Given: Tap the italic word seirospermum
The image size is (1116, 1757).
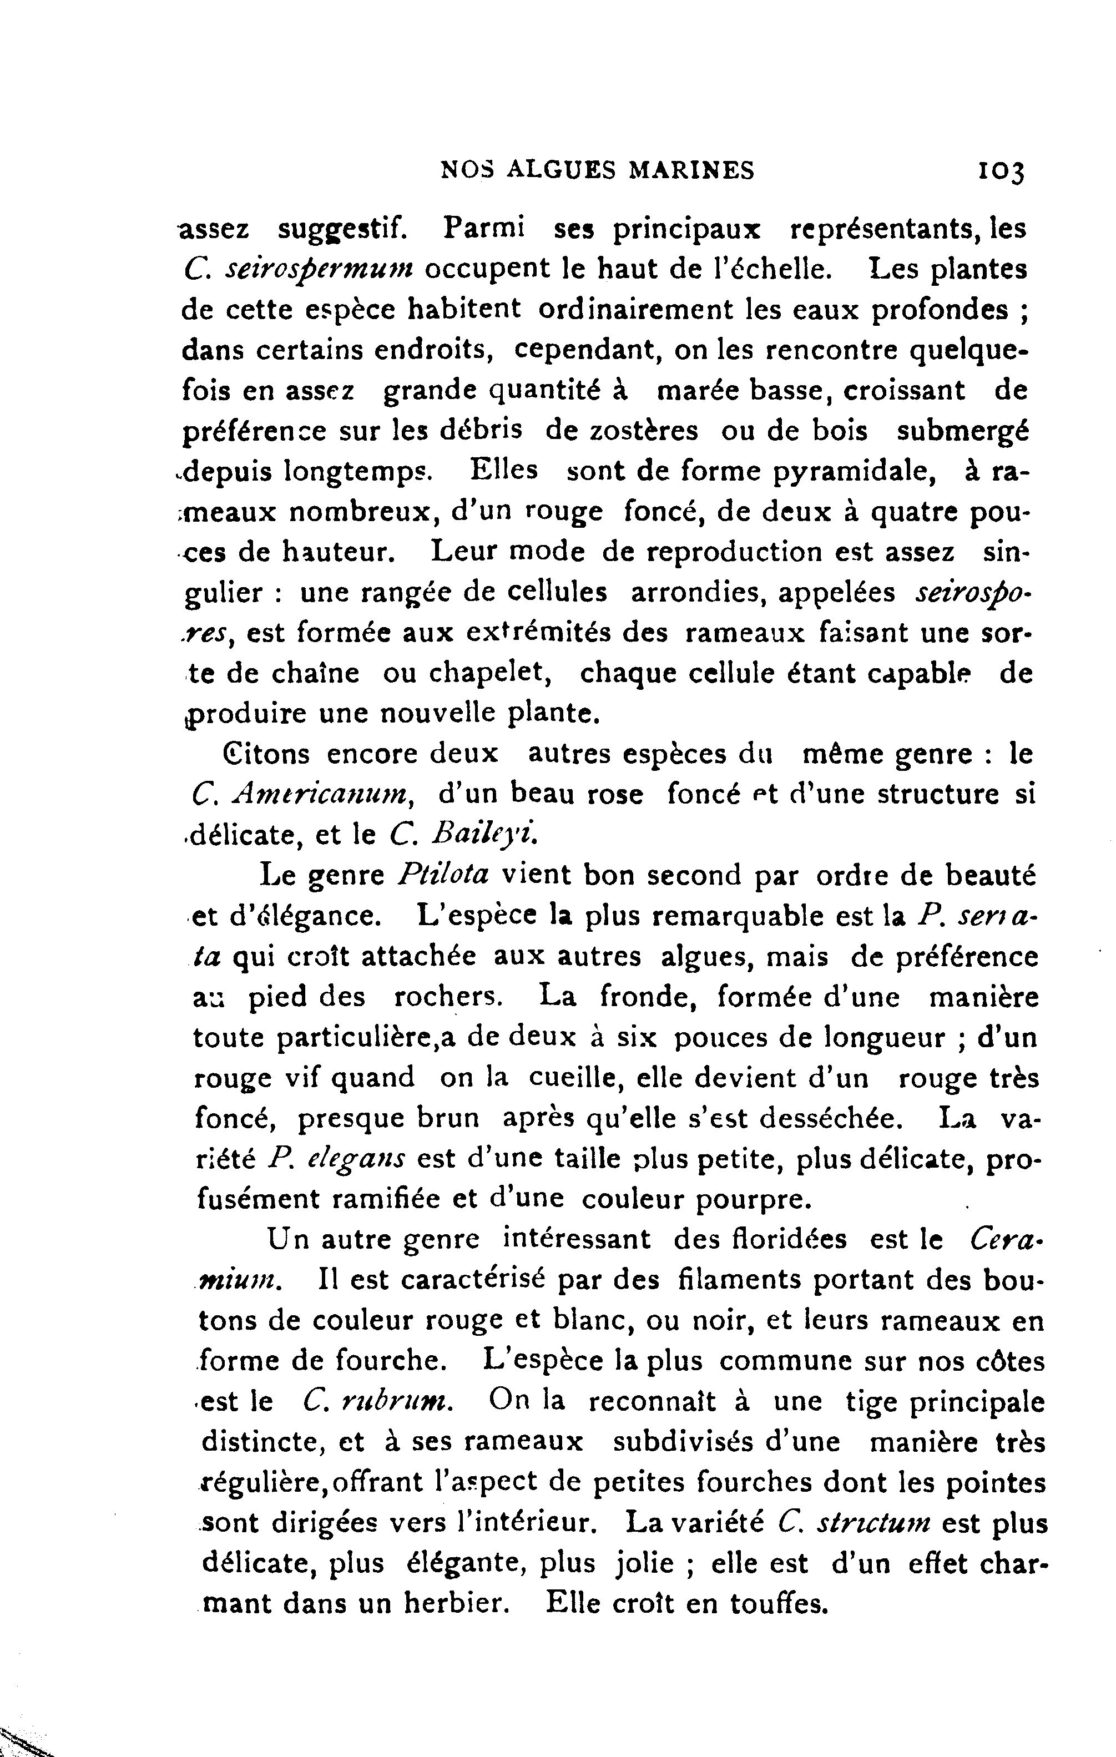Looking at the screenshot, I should point(320,269).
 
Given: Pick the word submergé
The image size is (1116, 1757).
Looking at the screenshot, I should point(962,431).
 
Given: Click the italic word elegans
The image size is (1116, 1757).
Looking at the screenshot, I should point(357,1159).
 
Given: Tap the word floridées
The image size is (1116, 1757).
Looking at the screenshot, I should point(785,1240).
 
